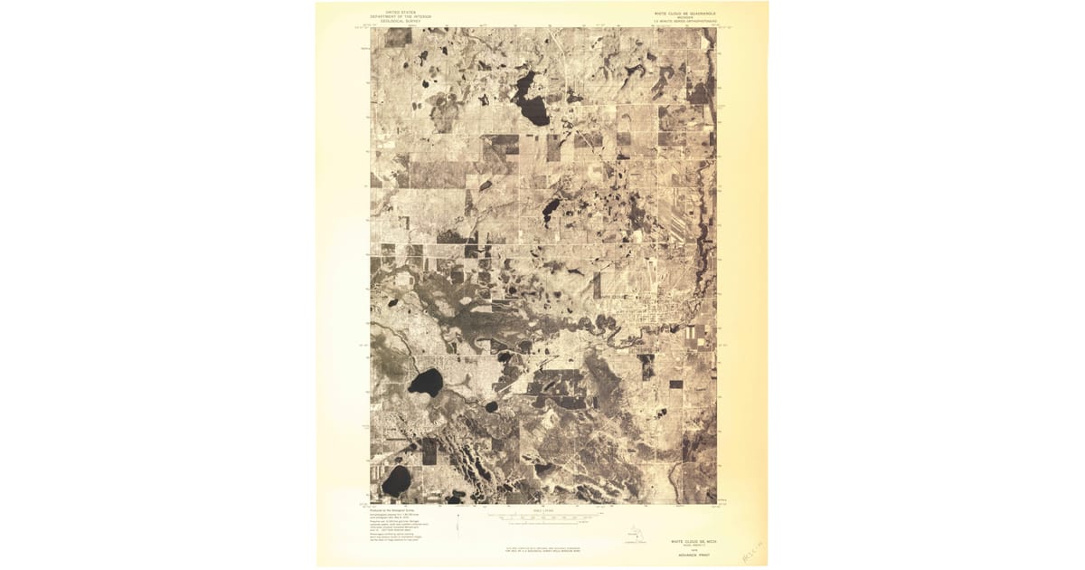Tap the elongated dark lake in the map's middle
tap(549, 211)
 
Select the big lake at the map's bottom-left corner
tap(395, 480)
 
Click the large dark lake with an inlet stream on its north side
tap(425, 382)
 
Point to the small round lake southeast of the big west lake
tap(492, 407)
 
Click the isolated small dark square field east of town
tap(676, 385)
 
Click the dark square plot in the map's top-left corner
tap(395, 37)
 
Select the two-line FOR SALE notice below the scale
tap(542, 548)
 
